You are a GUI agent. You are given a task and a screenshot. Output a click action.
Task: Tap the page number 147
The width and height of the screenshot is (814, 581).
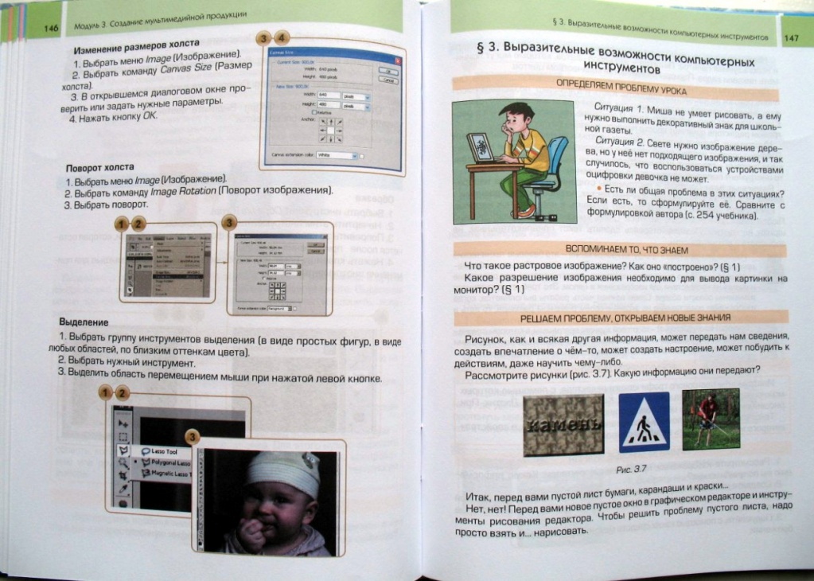coord(791,37)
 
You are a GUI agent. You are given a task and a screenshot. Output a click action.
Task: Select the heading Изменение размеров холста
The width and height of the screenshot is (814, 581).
coord(136,47)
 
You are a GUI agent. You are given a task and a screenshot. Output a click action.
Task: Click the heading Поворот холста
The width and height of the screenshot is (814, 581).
coord(99,169)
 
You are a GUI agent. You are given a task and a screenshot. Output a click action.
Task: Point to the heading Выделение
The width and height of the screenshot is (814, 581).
coord(84,321)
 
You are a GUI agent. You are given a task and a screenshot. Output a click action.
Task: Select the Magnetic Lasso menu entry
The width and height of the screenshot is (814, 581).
coord(168,473)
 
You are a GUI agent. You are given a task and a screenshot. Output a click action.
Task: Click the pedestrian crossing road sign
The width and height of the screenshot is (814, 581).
coord(644,422)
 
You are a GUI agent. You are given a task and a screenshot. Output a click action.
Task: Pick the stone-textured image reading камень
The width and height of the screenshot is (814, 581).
coord(563,424)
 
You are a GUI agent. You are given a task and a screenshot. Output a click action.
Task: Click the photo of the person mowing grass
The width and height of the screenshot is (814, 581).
coord(711,418)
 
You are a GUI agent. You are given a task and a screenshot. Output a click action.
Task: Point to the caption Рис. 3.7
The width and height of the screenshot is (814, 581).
coord(625,470)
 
